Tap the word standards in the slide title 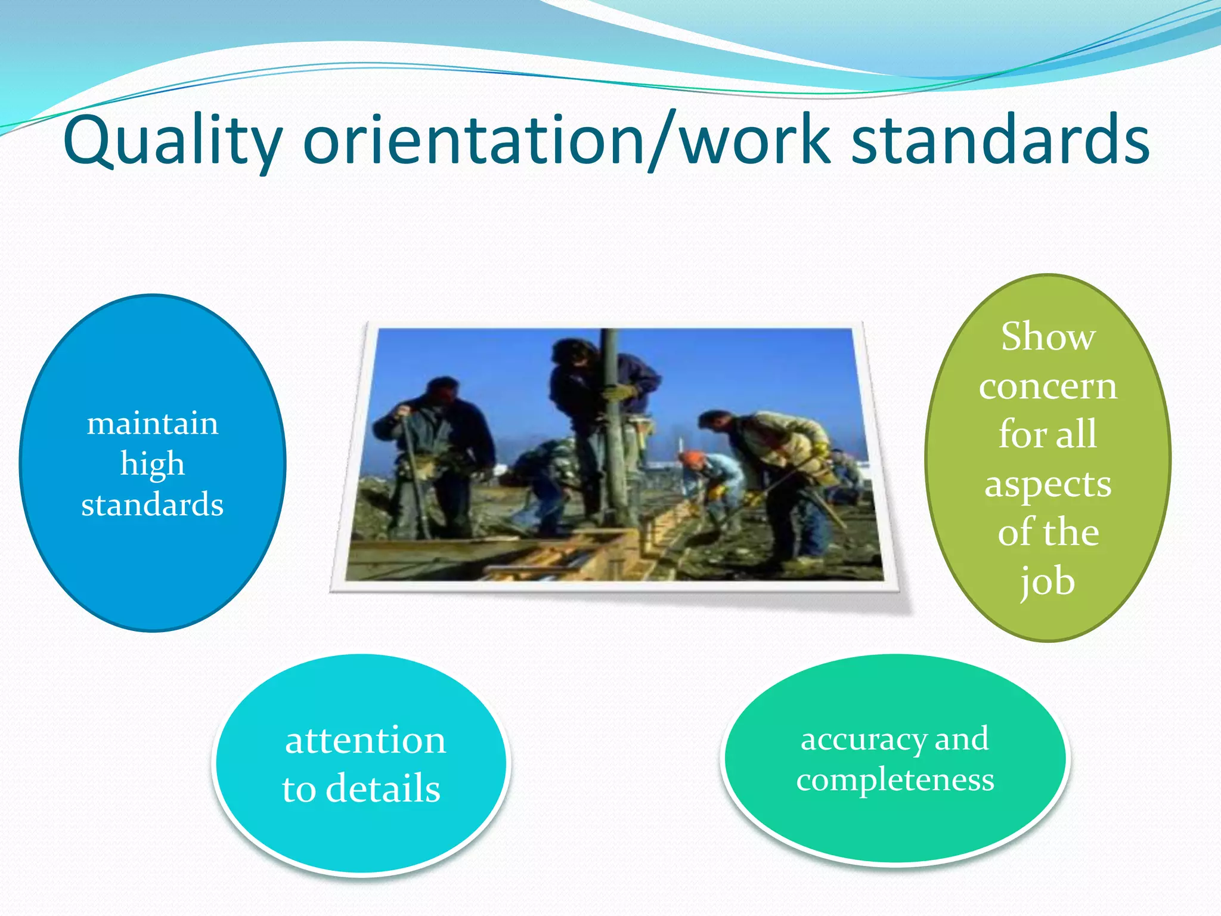pos(1000,141)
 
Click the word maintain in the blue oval pos(153,424)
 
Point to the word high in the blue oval pos(153,464)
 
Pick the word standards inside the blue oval pos(153,505)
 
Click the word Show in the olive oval pos(1048,337)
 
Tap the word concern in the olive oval pos(1048,386)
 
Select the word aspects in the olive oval pos(1048,484)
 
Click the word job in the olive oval pos(1048,581)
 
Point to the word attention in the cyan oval pos(365,741)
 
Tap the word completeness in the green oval pos(895,779)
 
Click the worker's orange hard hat pos(692,458)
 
